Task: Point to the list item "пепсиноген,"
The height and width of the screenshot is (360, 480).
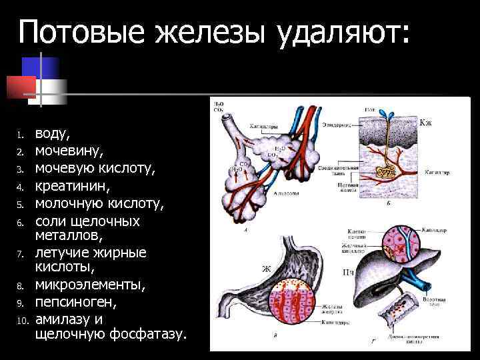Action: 75,302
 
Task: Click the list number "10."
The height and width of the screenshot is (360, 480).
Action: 21,319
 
